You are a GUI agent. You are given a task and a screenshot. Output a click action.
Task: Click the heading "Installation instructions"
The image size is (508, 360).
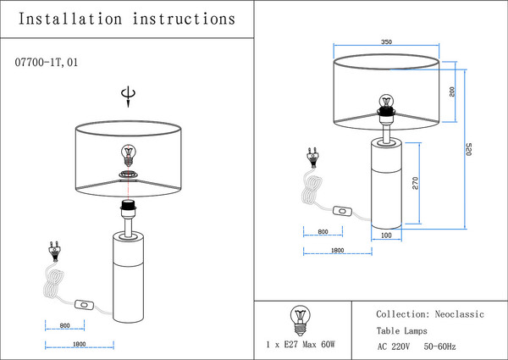[126, 18]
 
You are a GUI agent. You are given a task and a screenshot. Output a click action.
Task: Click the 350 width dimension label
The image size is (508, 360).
[386, 41]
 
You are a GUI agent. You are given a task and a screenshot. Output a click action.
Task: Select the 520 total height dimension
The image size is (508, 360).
[468, 149]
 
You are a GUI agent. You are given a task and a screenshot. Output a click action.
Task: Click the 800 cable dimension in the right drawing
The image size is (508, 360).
[323, 232]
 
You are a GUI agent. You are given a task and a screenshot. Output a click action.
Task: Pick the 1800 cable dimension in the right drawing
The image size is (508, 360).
[335, 251]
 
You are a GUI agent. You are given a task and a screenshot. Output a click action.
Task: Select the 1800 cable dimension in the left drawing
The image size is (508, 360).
[79, 344]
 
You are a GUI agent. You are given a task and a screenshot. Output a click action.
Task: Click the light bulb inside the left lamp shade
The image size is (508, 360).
[129, 154]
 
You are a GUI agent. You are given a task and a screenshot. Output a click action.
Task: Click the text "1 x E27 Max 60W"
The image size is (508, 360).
[301, 346]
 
